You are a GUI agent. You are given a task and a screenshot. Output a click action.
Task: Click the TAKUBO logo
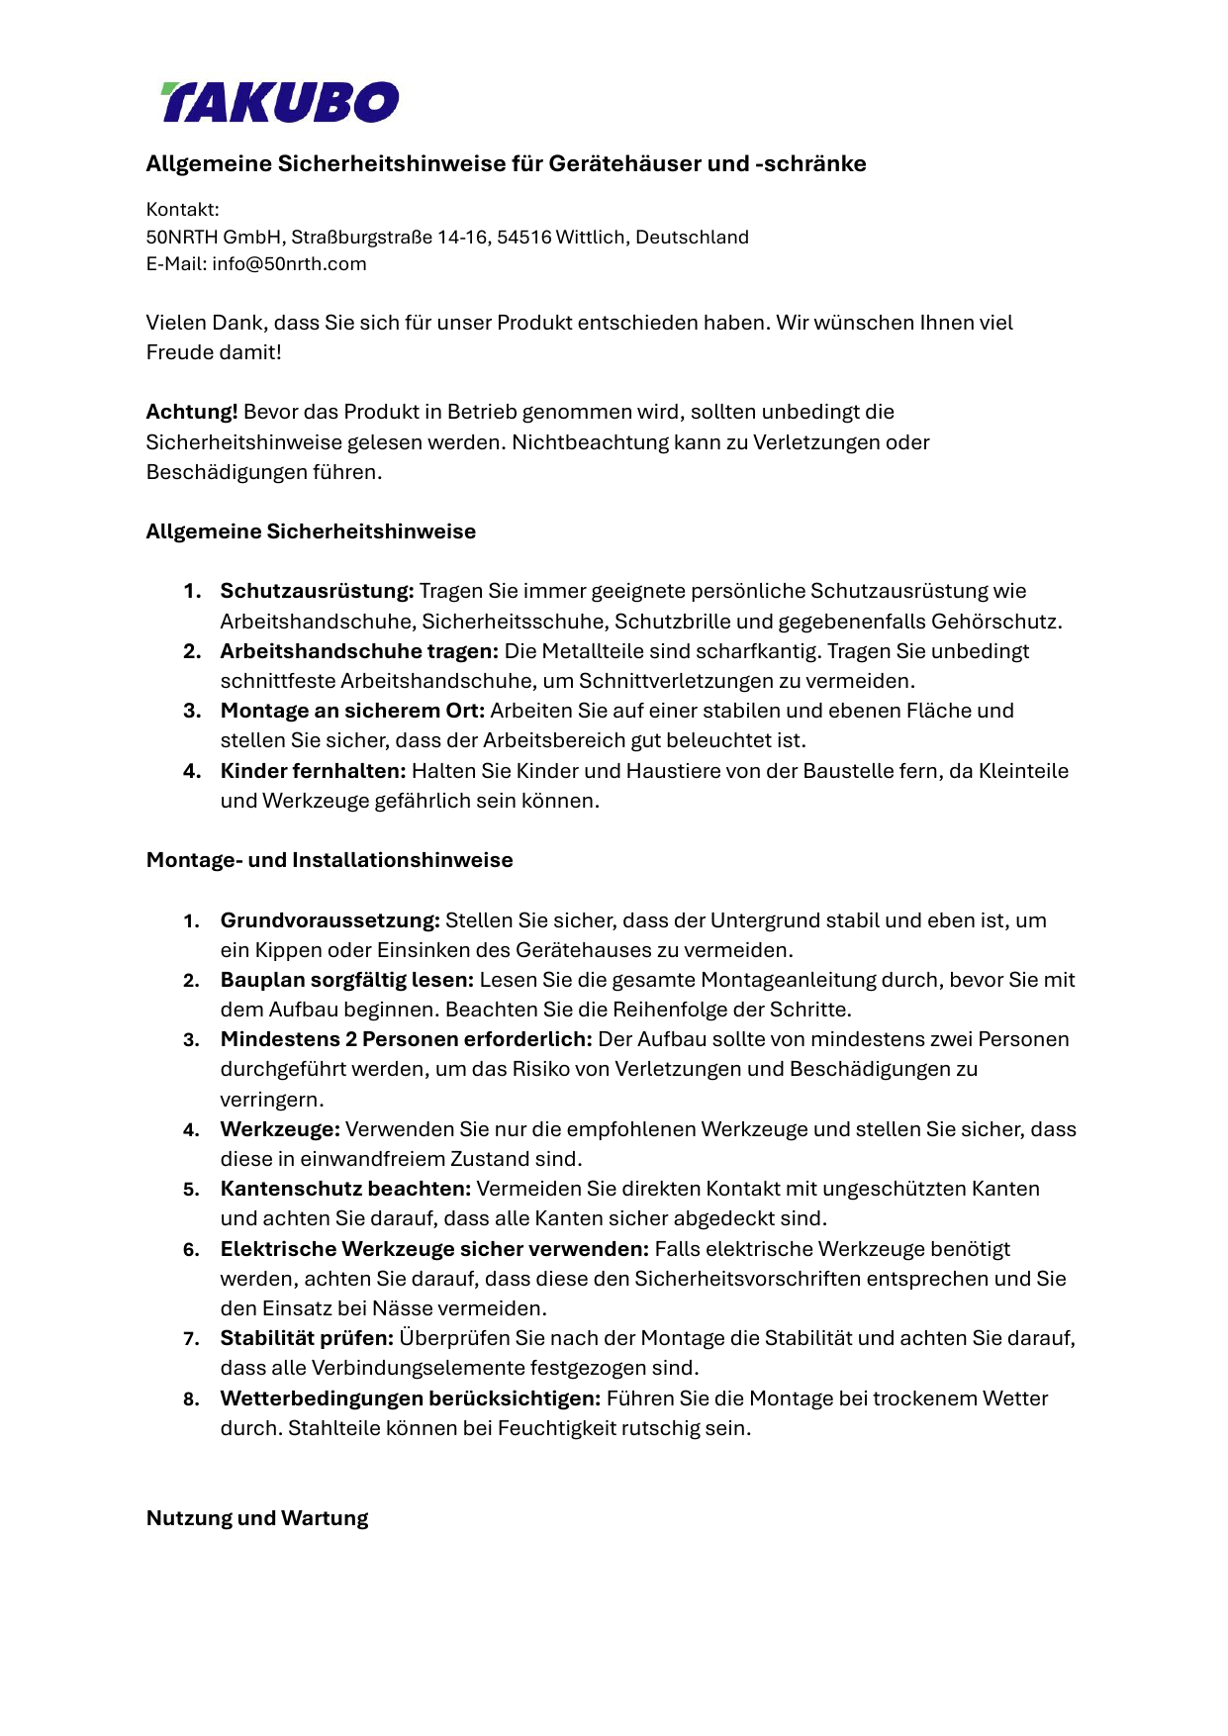[x=280, y=102]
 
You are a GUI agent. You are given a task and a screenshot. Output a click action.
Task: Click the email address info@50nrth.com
[x=289, y=264]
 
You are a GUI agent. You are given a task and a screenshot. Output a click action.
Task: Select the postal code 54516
[x=523, y=238]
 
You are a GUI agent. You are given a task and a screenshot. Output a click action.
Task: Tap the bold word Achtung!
[x=192, y=412]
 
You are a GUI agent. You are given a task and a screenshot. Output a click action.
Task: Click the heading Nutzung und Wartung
[x=257, y=1518]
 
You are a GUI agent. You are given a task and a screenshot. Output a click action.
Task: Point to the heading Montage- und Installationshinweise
[x=330, y=860]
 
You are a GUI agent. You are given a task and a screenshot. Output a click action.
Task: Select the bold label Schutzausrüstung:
[x=317, y=591]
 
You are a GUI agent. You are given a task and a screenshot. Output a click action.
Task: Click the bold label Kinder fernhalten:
[x=313, y=771]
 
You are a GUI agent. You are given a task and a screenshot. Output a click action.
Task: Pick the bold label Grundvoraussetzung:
[x=330, y=920]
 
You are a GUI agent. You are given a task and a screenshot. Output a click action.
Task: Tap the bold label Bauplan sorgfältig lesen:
[x=347, y=980]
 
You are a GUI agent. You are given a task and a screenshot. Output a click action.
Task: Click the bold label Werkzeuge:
[x=280, y=1129]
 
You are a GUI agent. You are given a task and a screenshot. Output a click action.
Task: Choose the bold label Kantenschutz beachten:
[x=345, y=1189]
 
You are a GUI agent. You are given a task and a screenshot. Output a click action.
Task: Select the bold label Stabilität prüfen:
[x=307, y=1338]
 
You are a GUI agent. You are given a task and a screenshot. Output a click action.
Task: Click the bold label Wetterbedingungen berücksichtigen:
[x=411, y=1398]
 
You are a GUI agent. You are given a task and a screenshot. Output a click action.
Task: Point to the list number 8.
[x=190, y=1399]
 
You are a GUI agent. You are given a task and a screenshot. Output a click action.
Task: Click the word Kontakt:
[x=183, y=210]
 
